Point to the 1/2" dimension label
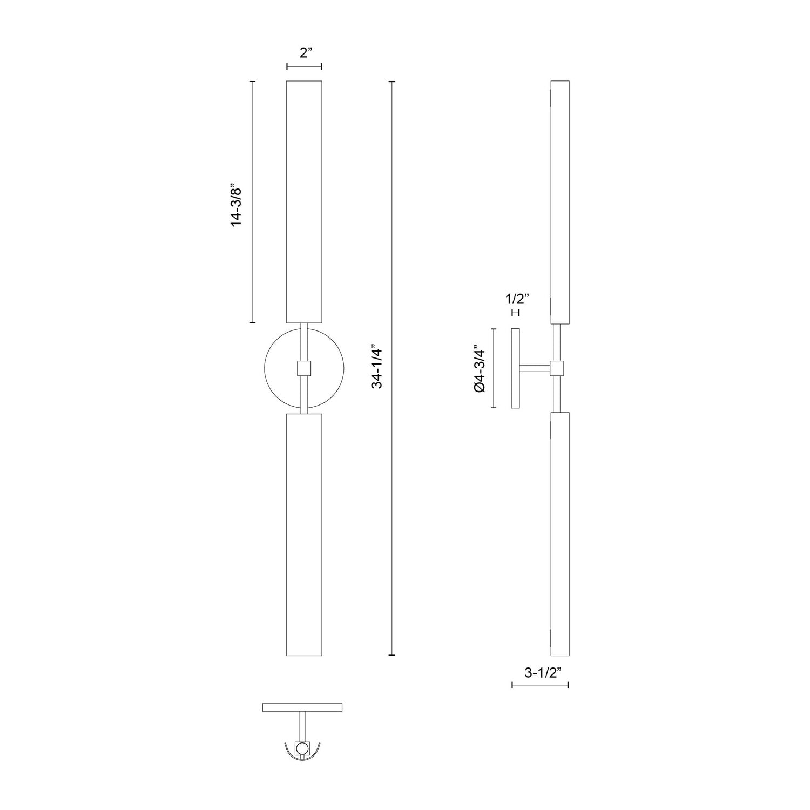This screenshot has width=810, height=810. (516, 299)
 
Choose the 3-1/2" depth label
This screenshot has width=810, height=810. (540, 673)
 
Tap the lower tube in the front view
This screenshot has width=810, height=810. (304, 535)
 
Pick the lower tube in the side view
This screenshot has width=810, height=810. (560, 535)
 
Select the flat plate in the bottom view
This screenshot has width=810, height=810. (302, 707)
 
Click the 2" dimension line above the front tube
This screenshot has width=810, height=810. (304, 66)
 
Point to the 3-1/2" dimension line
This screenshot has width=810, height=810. (540, 685)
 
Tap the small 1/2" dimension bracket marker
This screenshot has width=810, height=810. (515, 313)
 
